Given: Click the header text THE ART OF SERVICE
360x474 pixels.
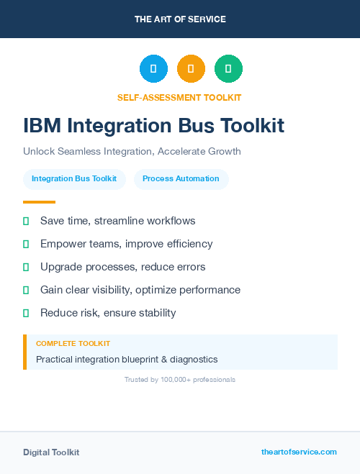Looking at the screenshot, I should (x=180, y=19).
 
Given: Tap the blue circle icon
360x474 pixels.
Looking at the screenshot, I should (x=153, y=69).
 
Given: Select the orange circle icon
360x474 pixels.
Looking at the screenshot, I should (x=191, y=69).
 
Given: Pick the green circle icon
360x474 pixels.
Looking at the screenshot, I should (x=228, y=69).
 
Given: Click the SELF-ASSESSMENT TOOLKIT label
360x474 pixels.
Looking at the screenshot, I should (x=179, y=97).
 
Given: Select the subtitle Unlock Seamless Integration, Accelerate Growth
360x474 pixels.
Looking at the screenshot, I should (x=132, y=152).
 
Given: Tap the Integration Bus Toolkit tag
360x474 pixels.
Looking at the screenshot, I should (x=74, y=178).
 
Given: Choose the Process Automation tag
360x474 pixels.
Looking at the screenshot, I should (x=181, y=178).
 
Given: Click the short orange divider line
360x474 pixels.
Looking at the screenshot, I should (x=39, y=202).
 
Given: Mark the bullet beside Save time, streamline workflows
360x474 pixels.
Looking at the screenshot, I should (x=26, y=221).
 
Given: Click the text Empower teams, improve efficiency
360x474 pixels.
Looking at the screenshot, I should (x=126, y=244).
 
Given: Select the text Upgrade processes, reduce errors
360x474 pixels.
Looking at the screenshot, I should (x=122, y=267).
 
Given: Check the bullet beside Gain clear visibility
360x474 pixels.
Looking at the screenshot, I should (x=26, y=290).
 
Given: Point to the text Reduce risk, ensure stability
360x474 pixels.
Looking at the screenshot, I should (x=108, y=313).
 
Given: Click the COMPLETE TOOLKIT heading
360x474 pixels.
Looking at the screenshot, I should (x=73, y=344).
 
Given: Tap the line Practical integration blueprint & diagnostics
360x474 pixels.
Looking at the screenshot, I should (x=127, y=359).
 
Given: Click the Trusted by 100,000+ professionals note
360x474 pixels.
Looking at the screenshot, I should (x=180, y=379).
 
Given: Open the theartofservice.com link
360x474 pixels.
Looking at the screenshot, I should (x=299, y=452).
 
